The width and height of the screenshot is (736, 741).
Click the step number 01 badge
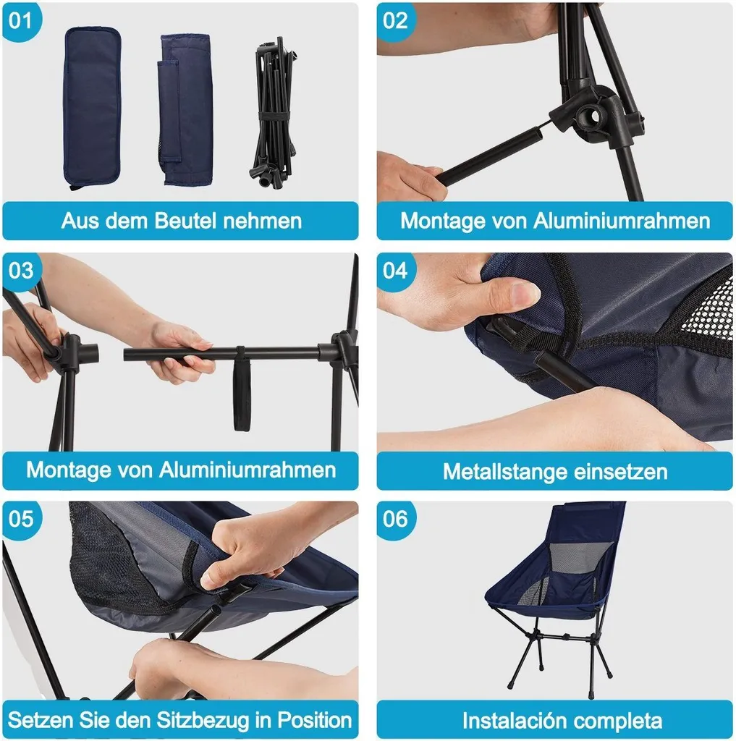[21, 21]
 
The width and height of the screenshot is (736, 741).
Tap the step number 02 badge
[395, 21]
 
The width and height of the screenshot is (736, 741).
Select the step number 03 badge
[21, 271]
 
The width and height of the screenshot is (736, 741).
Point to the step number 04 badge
[395, 271]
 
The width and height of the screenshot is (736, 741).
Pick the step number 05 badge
[21, 519]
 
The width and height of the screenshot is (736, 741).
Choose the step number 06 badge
[395, 519]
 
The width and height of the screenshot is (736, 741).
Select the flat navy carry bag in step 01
[92, 108]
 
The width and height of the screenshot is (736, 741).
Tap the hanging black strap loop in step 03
[242, 389]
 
